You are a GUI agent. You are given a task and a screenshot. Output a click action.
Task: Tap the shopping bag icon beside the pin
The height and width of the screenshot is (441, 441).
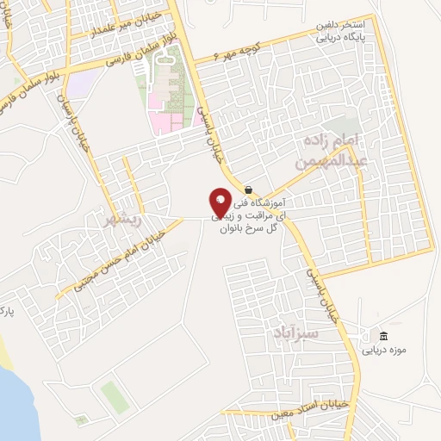click(248, 189)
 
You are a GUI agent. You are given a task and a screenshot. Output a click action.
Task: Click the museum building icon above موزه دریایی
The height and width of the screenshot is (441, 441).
click(383, 336)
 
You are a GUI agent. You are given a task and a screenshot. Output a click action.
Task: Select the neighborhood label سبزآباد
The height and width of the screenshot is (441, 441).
click(295, 332)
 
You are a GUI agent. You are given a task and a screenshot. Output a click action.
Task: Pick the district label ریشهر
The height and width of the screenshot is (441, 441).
click(121, 219)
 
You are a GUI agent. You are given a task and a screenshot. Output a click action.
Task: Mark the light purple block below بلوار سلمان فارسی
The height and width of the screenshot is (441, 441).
click(79, 84)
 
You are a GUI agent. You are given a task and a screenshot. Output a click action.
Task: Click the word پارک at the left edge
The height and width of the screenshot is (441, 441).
click(8, 307)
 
